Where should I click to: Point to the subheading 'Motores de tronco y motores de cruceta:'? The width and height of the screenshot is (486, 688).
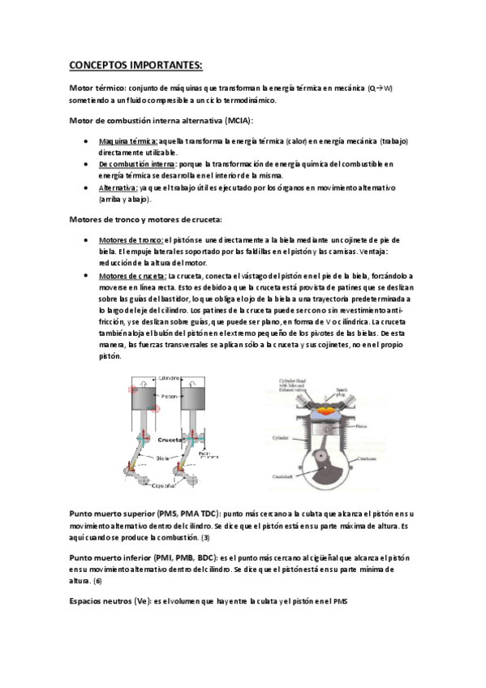[x=147, y=220]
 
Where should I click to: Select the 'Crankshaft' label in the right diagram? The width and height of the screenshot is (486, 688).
[x=281, y=475]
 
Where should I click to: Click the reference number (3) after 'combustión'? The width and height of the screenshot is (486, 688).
[x=205, y=537]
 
